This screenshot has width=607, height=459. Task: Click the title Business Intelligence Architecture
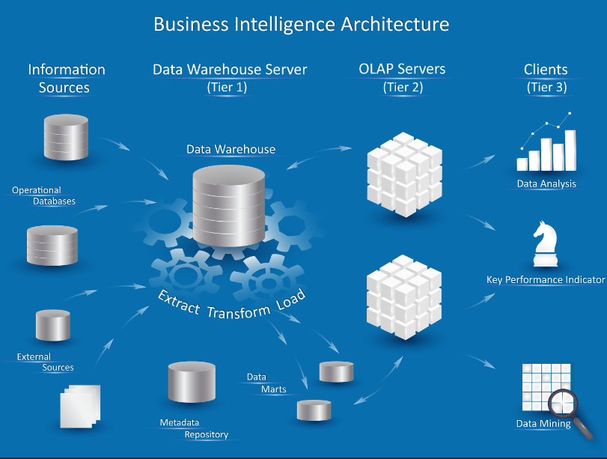(301, 24)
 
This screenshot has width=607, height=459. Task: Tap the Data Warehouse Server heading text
(230, 70)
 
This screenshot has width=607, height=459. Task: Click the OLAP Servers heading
(402, 70)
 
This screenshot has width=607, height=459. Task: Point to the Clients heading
(546, 70)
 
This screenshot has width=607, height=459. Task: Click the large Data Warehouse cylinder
(228, 204)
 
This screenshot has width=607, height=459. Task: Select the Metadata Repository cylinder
(192, 383)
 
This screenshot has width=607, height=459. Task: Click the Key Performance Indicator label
(546, 280)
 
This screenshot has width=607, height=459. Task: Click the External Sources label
(46, 362)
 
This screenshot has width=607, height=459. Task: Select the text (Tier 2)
(403, 87)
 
